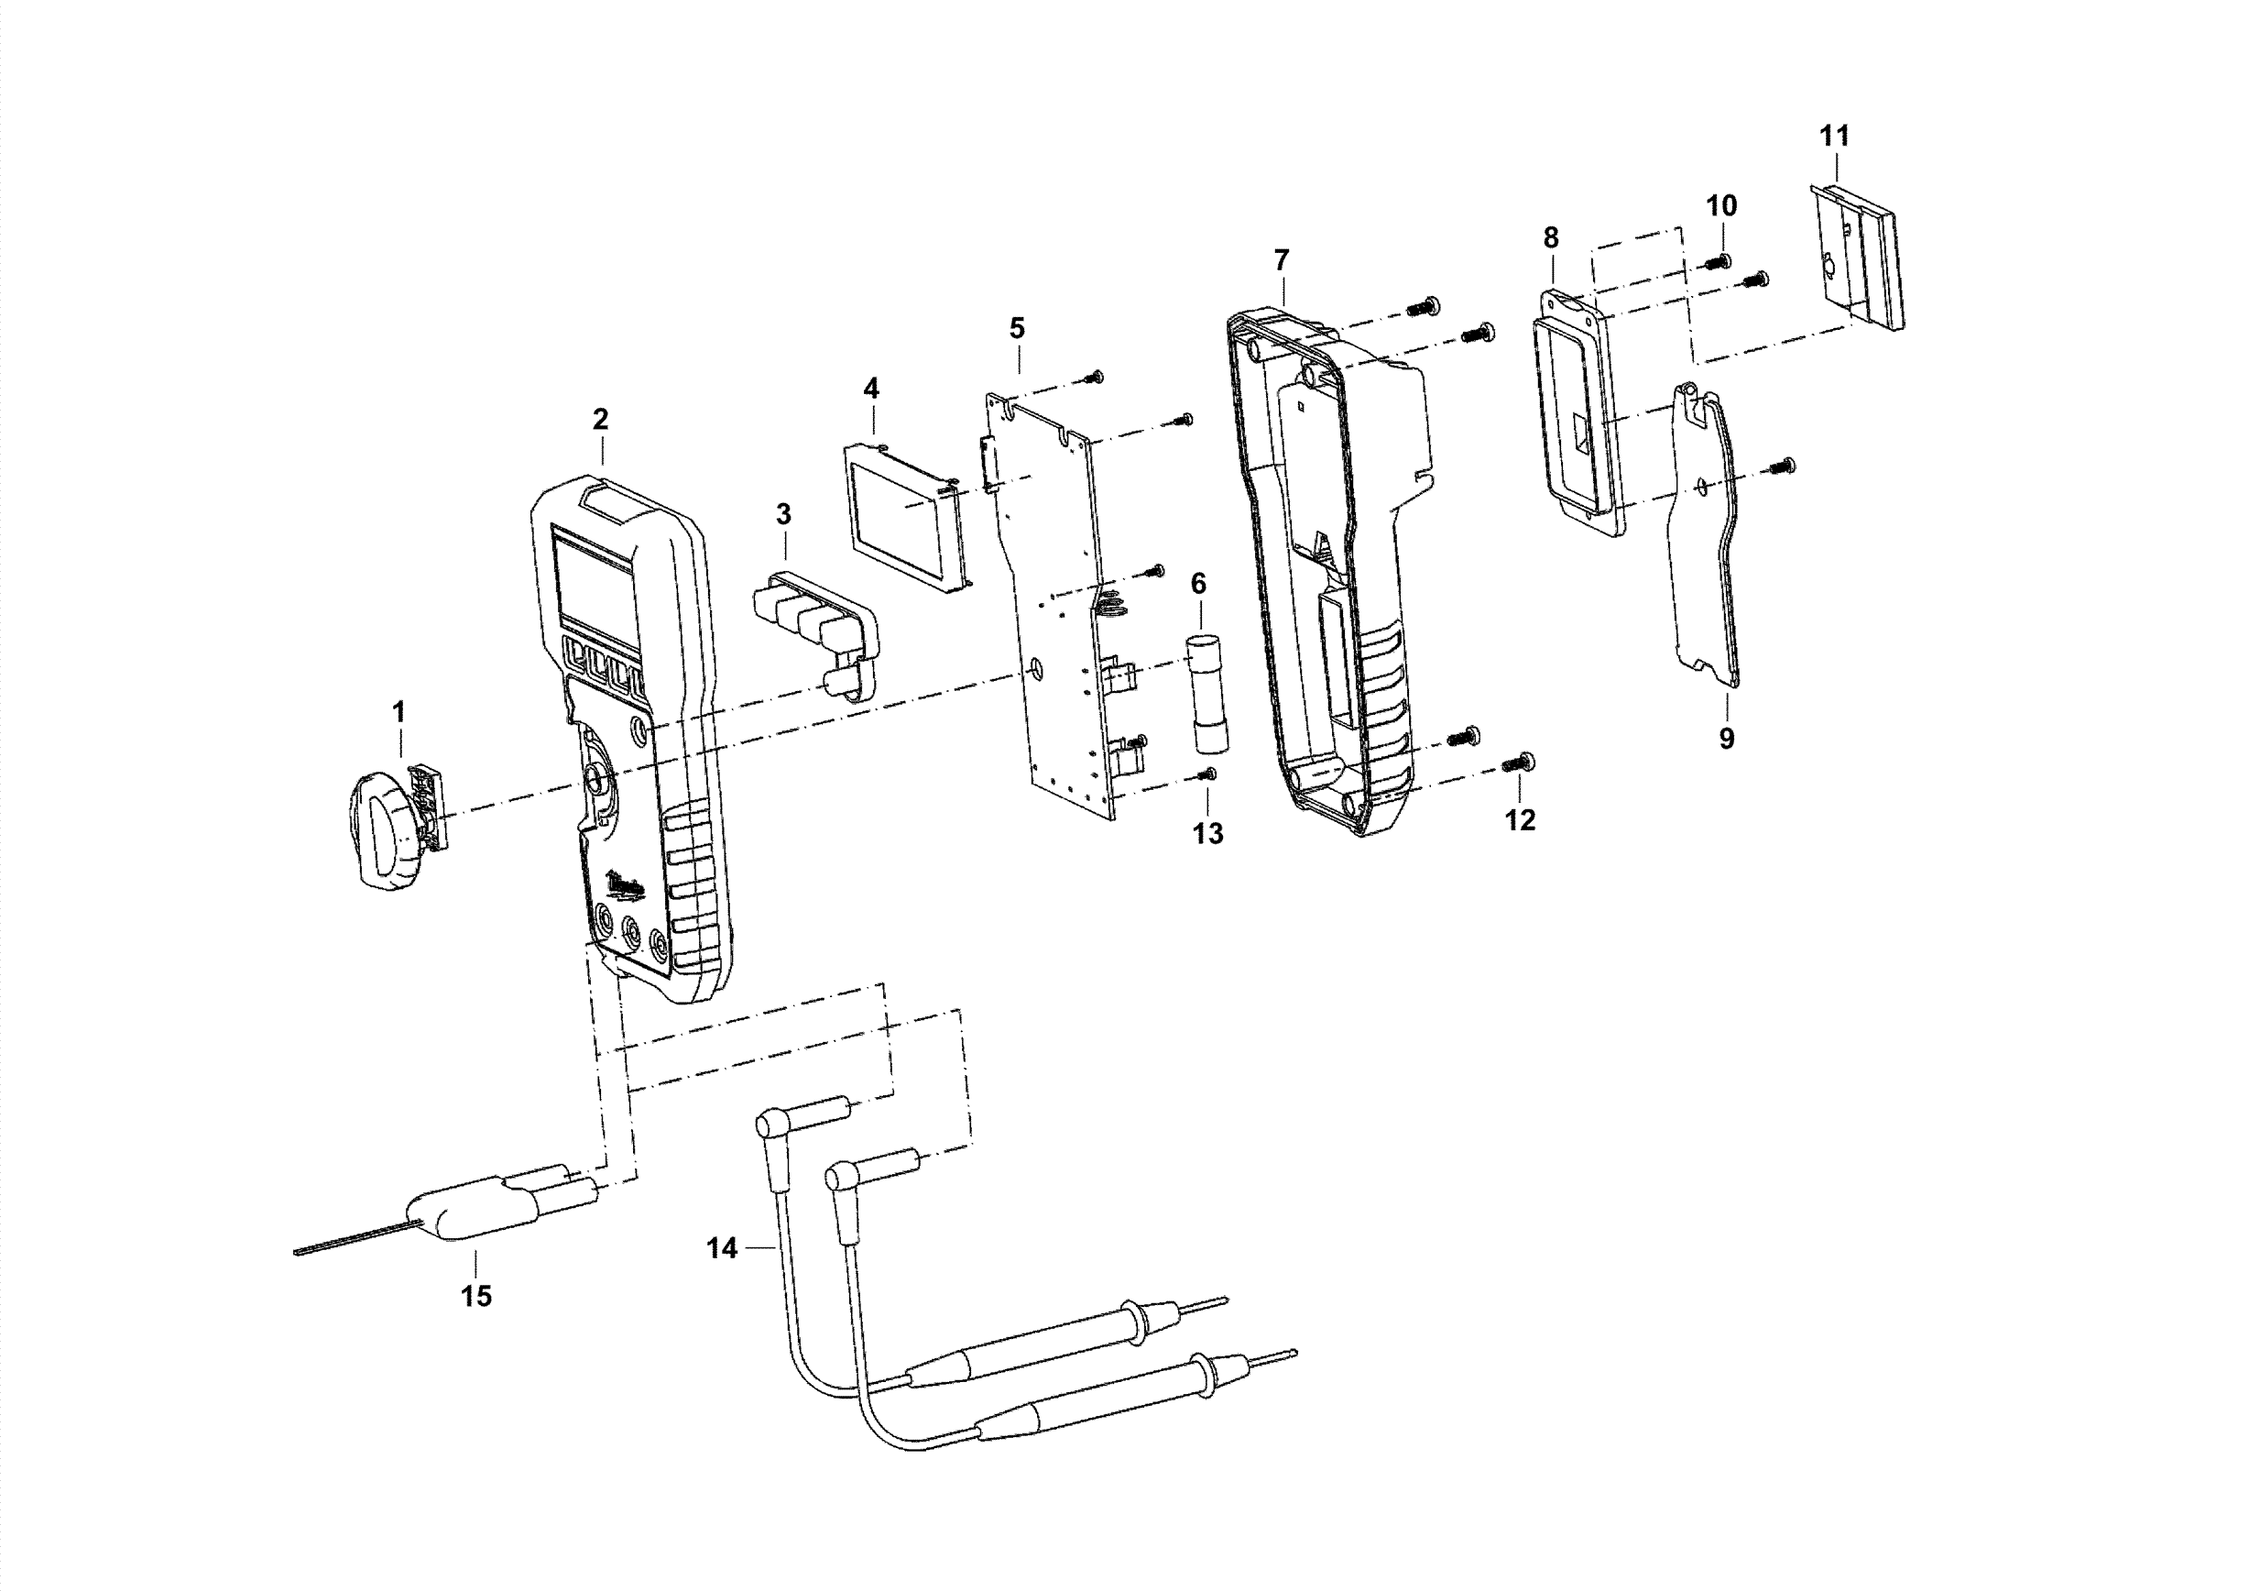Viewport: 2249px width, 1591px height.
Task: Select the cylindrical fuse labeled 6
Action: (x=1211, y=694)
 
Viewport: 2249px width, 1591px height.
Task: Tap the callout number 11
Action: (x=1834, y=137)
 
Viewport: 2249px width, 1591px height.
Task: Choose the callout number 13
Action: (x=1207, y=834)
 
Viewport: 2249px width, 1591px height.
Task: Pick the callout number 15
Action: (x=476, y=1296)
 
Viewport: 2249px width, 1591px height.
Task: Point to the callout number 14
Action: (x=722, y=1248)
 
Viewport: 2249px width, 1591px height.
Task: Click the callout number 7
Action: (x=1282, y=260)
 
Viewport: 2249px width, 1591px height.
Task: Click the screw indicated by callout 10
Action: (x=1717, y=261)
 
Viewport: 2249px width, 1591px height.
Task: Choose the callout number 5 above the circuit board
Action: (x=1017, y=328)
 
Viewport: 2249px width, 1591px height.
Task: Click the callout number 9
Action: (x=1726, y=739)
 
